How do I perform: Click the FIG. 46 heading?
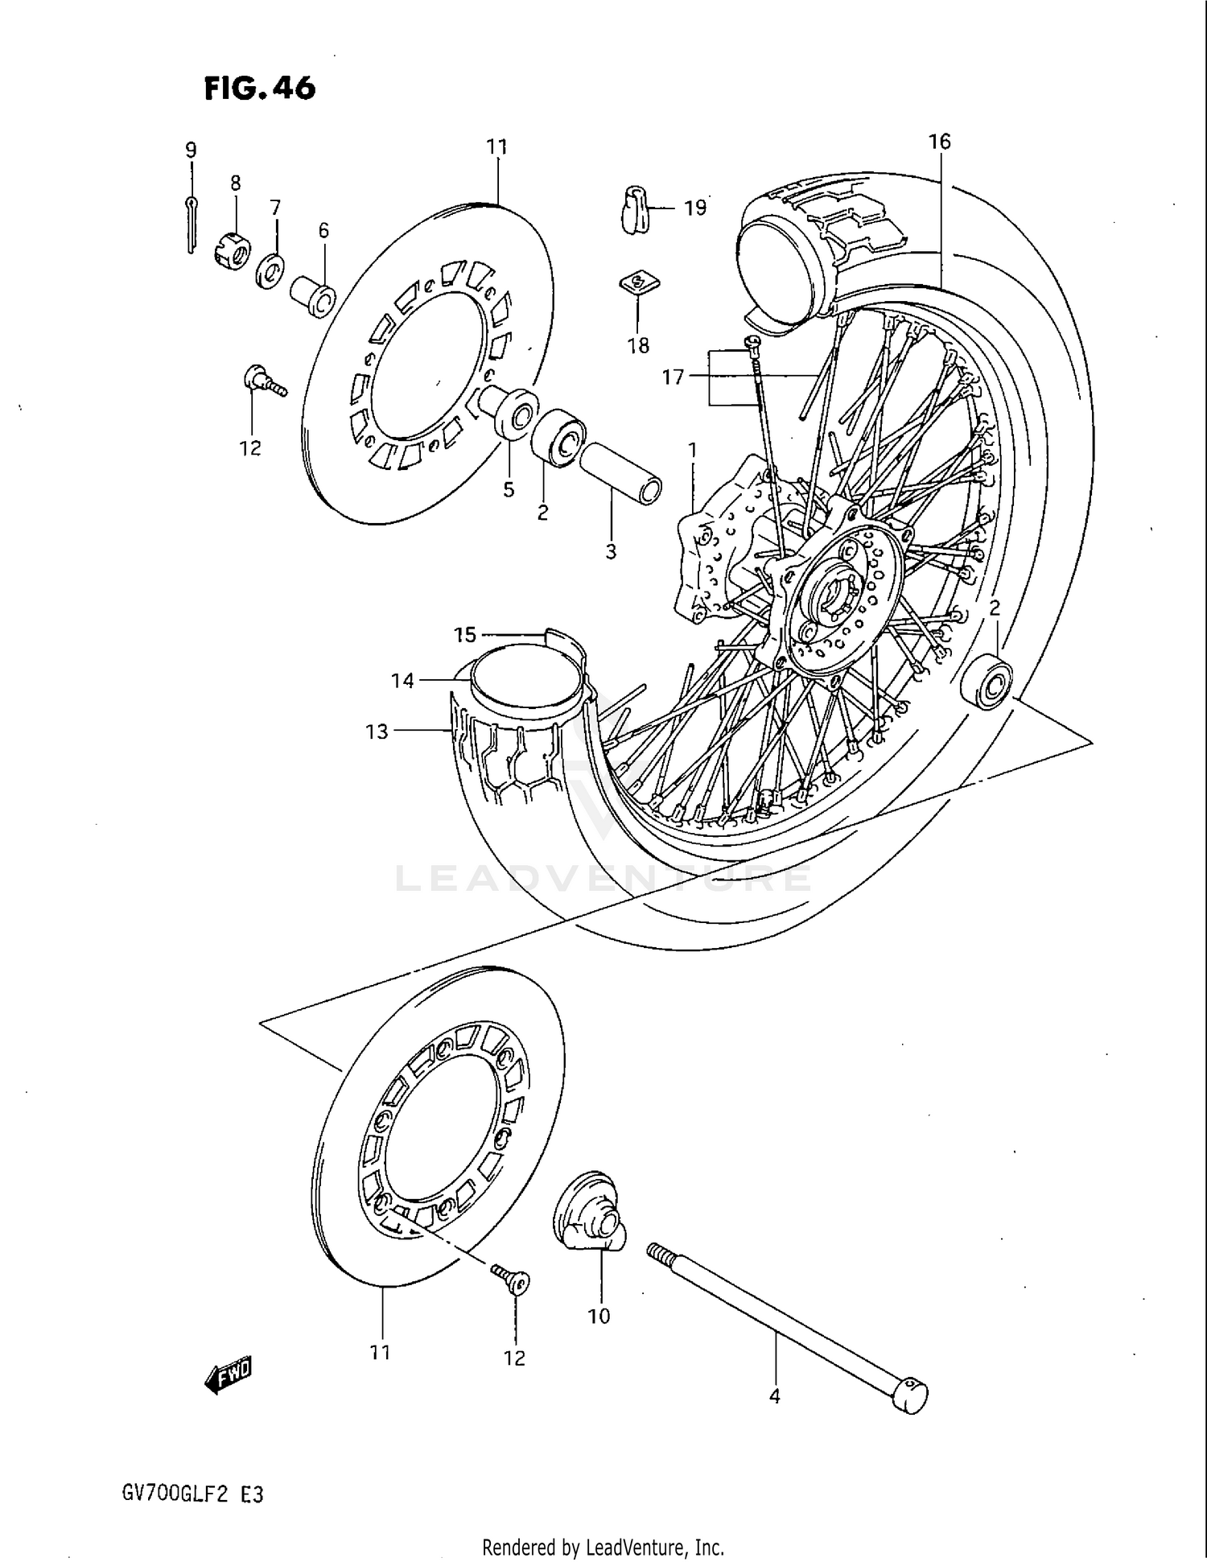coord(259,88)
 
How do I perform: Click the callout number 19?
coord(694,208)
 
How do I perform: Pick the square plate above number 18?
coord(638,283)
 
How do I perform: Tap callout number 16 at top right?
coord(939,142)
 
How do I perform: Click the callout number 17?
coord(673,376)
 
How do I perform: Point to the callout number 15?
coord(465,635)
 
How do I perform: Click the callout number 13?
coord(377,731)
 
